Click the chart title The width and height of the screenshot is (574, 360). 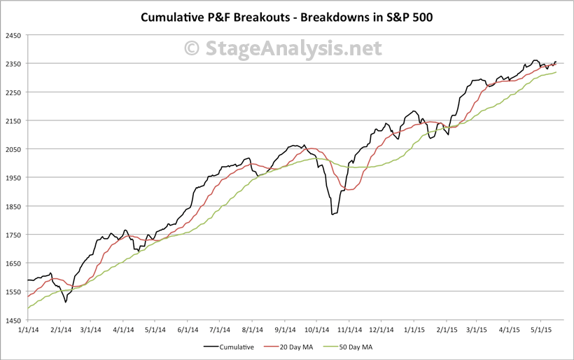[287, 16]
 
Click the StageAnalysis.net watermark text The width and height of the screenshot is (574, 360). [283, 48]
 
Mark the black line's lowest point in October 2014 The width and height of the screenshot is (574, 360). [332, 214]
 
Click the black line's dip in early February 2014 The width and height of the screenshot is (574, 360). [65, 302]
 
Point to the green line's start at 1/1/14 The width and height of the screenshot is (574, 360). [28, 308]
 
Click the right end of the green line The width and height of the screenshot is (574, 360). [556, 72]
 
